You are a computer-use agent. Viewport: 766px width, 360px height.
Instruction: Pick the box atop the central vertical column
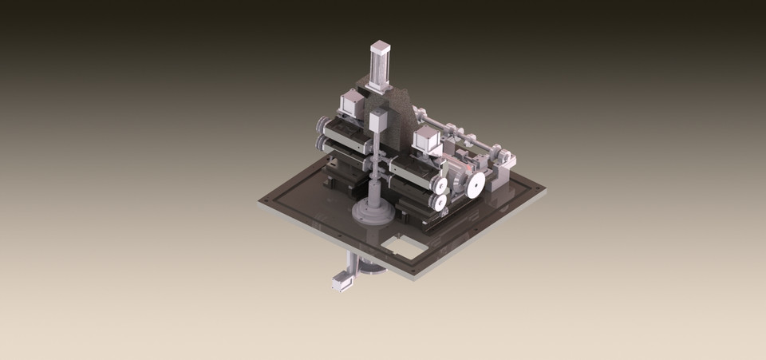pos(377,122)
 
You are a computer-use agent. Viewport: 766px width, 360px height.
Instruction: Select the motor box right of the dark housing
pos(428,141)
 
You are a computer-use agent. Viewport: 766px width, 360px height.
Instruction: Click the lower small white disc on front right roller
pos(439,204)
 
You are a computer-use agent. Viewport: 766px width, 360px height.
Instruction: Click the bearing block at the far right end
pos(505,169)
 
